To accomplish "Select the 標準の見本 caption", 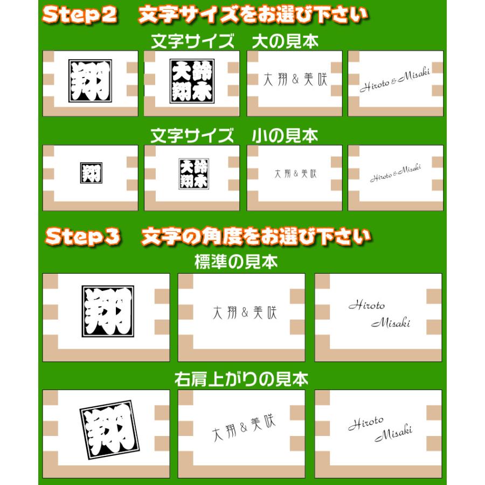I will coord(236,262).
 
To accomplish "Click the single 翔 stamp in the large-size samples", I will coord(90,81).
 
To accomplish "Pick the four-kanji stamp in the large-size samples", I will coord(192,81).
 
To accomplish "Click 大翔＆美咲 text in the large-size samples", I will coord(295,80).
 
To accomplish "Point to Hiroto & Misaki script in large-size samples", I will coord(395,80).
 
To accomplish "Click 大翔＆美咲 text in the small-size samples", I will coord(295,174).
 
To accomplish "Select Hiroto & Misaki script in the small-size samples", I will coord(396,172).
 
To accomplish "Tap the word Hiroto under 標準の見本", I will coord(366,306).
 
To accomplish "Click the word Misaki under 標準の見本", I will coord(391,323).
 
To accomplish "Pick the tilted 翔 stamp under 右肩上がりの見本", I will coord(107,429).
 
